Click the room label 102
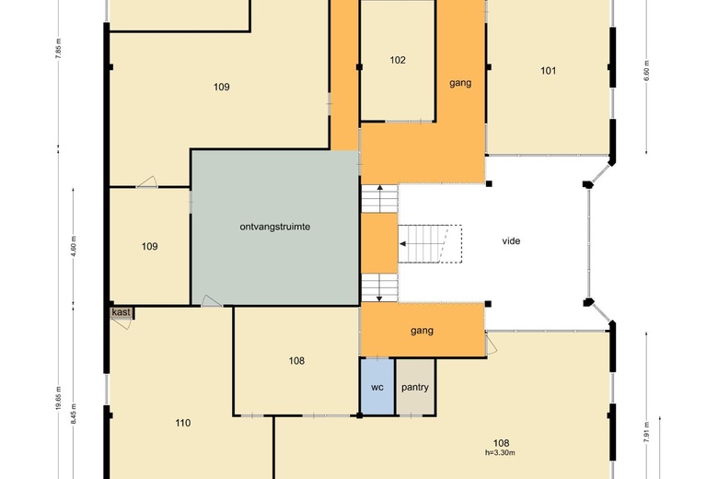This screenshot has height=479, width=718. (398, 60)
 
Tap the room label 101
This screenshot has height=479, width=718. (548, 71)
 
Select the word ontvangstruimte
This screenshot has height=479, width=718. (274, 227)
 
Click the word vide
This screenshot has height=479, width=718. (511, 241)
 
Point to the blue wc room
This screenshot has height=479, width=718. (376, 386)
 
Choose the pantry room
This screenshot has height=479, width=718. (415, 386)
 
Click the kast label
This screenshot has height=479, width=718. (121, 312)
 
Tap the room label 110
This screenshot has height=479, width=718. (182, 423)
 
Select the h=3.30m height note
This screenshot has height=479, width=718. (500, 453)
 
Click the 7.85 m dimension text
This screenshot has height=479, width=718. (58, 48)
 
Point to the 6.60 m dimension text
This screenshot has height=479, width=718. (646, 71)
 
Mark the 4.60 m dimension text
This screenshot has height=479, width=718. (74, 246)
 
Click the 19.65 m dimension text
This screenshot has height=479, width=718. (58, 398)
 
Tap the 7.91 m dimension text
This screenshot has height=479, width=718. (646, 432)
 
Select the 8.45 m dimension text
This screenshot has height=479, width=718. (74, 414)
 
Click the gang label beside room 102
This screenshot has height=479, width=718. (460, 84)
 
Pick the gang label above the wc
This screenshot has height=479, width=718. (422, 331)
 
